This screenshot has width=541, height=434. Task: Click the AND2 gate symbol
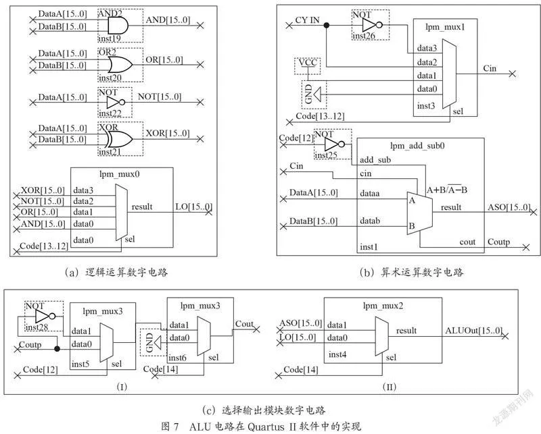pyautogui.click(x=118, y=26)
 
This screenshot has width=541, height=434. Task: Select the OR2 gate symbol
pyautogui.click(x=120, y=64)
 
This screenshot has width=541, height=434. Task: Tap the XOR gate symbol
pyautogui.click(x=120, y=139)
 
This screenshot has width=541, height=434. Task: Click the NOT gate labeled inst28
pyautogui.click(x=45, y=316)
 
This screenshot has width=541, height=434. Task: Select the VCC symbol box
pyautogui.click(x=308, y=65)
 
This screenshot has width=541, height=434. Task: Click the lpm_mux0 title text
pyautogui.click(x=120, y=174)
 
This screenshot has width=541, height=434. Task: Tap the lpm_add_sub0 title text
pyautogui.click(x=417, y=146)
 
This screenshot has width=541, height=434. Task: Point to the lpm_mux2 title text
pyautogui.click(x=383, y=306)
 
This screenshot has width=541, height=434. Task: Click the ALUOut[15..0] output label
pyautogui.click(x=473, y=331)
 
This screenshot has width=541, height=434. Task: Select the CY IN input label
pyautogui.click(x=307, y=20)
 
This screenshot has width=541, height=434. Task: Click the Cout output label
pyautogui.click(x=244, y=324)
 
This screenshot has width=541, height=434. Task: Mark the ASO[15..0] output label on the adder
pyautogui.click(x=509, y=207)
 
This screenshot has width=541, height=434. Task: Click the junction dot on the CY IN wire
pyautogui.click(x=327, y=25)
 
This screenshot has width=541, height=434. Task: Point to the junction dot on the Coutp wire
pyautogui.click(x=57, y=349)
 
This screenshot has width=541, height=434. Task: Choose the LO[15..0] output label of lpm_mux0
pyautogui.click(x=193, y=207)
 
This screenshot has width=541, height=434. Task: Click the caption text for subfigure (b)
pyautogui.click(x=411, y=273)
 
